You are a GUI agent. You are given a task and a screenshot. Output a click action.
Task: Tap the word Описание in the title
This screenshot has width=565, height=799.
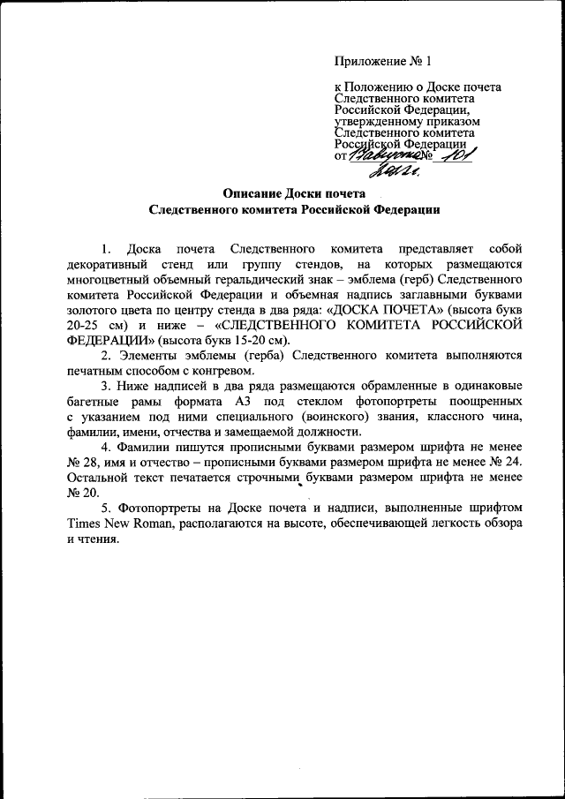[252, 193]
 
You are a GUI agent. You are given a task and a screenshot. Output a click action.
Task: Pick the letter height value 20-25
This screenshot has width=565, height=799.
[85, 327]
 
